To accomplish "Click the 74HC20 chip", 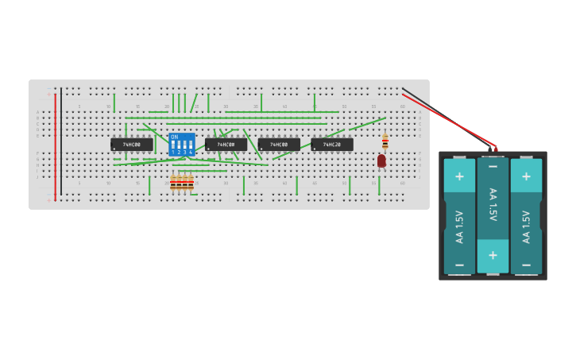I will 332,145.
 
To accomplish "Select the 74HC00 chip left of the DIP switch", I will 132,145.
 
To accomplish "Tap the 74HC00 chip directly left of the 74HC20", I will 279,145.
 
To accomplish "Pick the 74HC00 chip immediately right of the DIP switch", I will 226,145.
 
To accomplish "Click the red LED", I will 381,161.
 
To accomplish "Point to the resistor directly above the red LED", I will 385,142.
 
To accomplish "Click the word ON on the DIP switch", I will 175,137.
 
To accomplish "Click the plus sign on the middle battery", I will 493,255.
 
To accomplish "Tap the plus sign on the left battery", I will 459,176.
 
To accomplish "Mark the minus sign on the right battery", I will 526,264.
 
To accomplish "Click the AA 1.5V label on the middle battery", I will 493,205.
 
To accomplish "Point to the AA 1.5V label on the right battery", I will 526,226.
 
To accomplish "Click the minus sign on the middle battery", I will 493,166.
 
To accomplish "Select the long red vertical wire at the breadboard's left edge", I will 55,143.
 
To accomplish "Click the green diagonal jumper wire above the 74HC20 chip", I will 367,124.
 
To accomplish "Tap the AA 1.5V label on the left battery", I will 459,226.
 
